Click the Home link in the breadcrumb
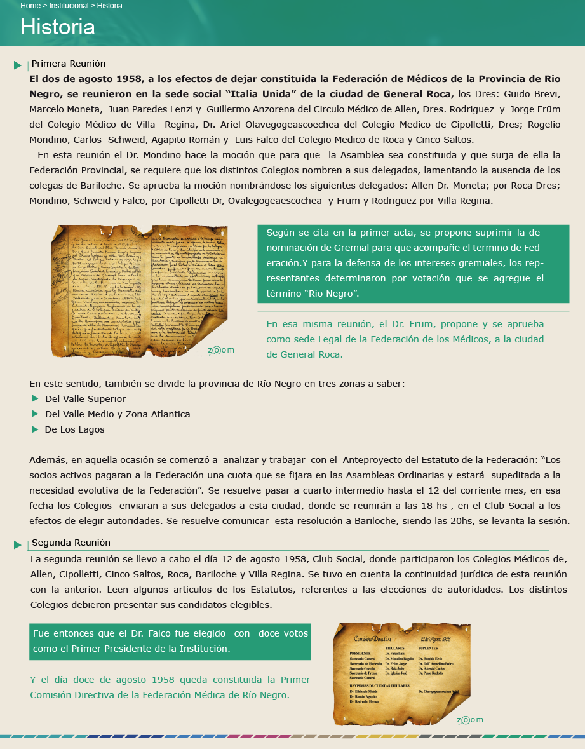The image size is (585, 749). [30, 6]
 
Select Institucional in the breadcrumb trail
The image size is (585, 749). [69, 6]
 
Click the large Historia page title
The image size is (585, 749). [58, 27]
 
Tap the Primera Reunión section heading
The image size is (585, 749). [69, 64]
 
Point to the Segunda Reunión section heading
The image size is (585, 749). [71, 543]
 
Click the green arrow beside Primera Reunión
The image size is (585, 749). [18, 65]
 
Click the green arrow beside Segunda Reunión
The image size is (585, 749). [18, 544]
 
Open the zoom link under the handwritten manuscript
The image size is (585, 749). [221, 350]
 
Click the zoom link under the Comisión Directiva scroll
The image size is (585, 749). [470, 720]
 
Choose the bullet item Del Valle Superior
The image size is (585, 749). [85, 399]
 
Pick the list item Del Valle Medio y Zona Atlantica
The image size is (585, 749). [118, 414]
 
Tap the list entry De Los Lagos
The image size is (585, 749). [74, 429]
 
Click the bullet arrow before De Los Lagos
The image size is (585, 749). [35, 429]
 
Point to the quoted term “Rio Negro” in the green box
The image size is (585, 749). [331, 294]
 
